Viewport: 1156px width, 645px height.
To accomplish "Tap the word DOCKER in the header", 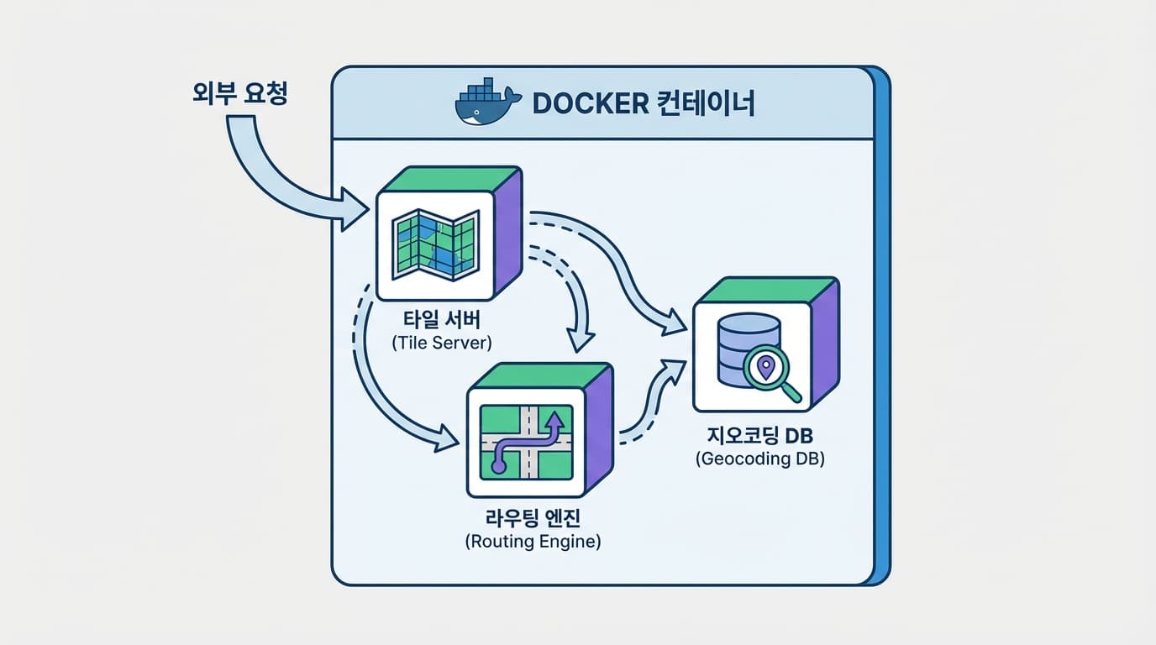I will coord(590,103).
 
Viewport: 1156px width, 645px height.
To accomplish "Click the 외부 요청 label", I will coord(240,93).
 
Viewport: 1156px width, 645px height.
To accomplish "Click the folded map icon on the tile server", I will coord(435,244).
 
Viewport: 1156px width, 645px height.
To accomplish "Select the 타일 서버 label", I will coord(435,322).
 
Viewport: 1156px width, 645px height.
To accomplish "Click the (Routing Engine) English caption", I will coord(533,542).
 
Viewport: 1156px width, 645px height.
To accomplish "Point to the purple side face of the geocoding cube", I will coord(825,344).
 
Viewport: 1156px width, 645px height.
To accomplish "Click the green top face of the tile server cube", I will coord(449,178).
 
